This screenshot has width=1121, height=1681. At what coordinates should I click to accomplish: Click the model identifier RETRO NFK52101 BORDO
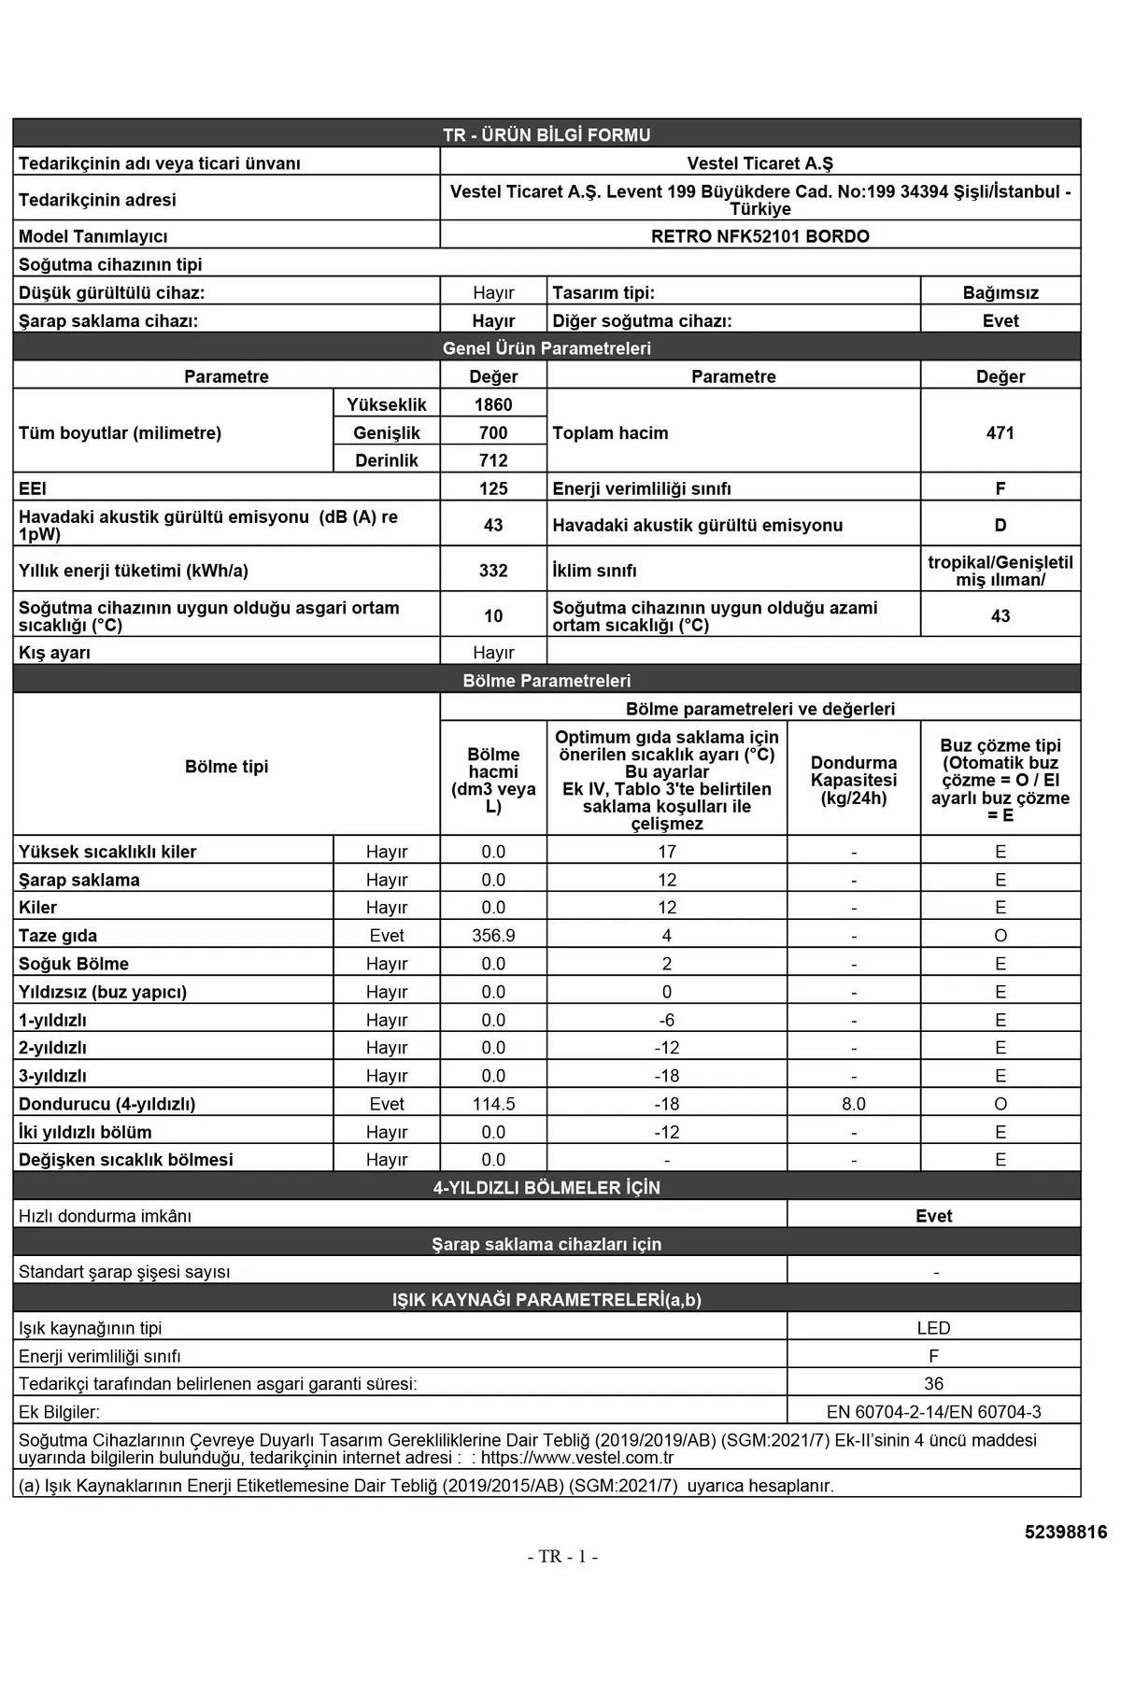[759, 236]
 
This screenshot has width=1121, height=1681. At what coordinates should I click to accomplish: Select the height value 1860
[493, 404]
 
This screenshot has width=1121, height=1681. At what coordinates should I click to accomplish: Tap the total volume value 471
[1000, 432]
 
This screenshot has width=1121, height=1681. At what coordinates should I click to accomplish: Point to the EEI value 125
[493, 488]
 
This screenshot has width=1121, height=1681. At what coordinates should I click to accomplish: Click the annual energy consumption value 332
[493, 571]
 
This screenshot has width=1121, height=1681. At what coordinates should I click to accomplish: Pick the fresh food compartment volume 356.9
[493, 936]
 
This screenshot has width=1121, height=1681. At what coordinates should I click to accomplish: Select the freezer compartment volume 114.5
[493, 1104]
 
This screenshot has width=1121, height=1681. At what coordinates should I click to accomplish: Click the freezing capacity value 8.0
[853, 1104]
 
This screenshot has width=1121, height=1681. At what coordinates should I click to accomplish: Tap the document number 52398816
[1065, 1533]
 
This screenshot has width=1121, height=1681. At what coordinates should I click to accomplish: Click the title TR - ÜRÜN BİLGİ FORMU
[546, 134]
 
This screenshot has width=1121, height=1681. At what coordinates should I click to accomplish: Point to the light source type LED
[933, 1328]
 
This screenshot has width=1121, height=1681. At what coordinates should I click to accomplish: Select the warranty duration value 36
[933, 1384]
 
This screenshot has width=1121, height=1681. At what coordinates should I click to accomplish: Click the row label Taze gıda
[58, 936]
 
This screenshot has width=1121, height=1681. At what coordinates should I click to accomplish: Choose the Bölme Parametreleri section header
[546, 681]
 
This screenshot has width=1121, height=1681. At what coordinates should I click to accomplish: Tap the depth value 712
[493, 460]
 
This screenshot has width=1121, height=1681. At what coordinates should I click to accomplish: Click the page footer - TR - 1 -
[562, 1557]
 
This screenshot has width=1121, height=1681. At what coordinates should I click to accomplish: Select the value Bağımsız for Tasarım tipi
[1000, 292]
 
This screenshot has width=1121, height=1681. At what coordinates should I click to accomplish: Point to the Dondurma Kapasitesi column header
[853, 780]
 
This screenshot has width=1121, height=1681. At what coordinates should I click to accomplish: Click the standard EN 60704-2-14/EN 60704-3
[933, 1412]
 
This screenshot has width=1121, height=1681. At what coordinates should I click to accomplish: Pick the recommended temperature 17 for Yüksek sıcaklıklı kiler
[666, 852]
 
